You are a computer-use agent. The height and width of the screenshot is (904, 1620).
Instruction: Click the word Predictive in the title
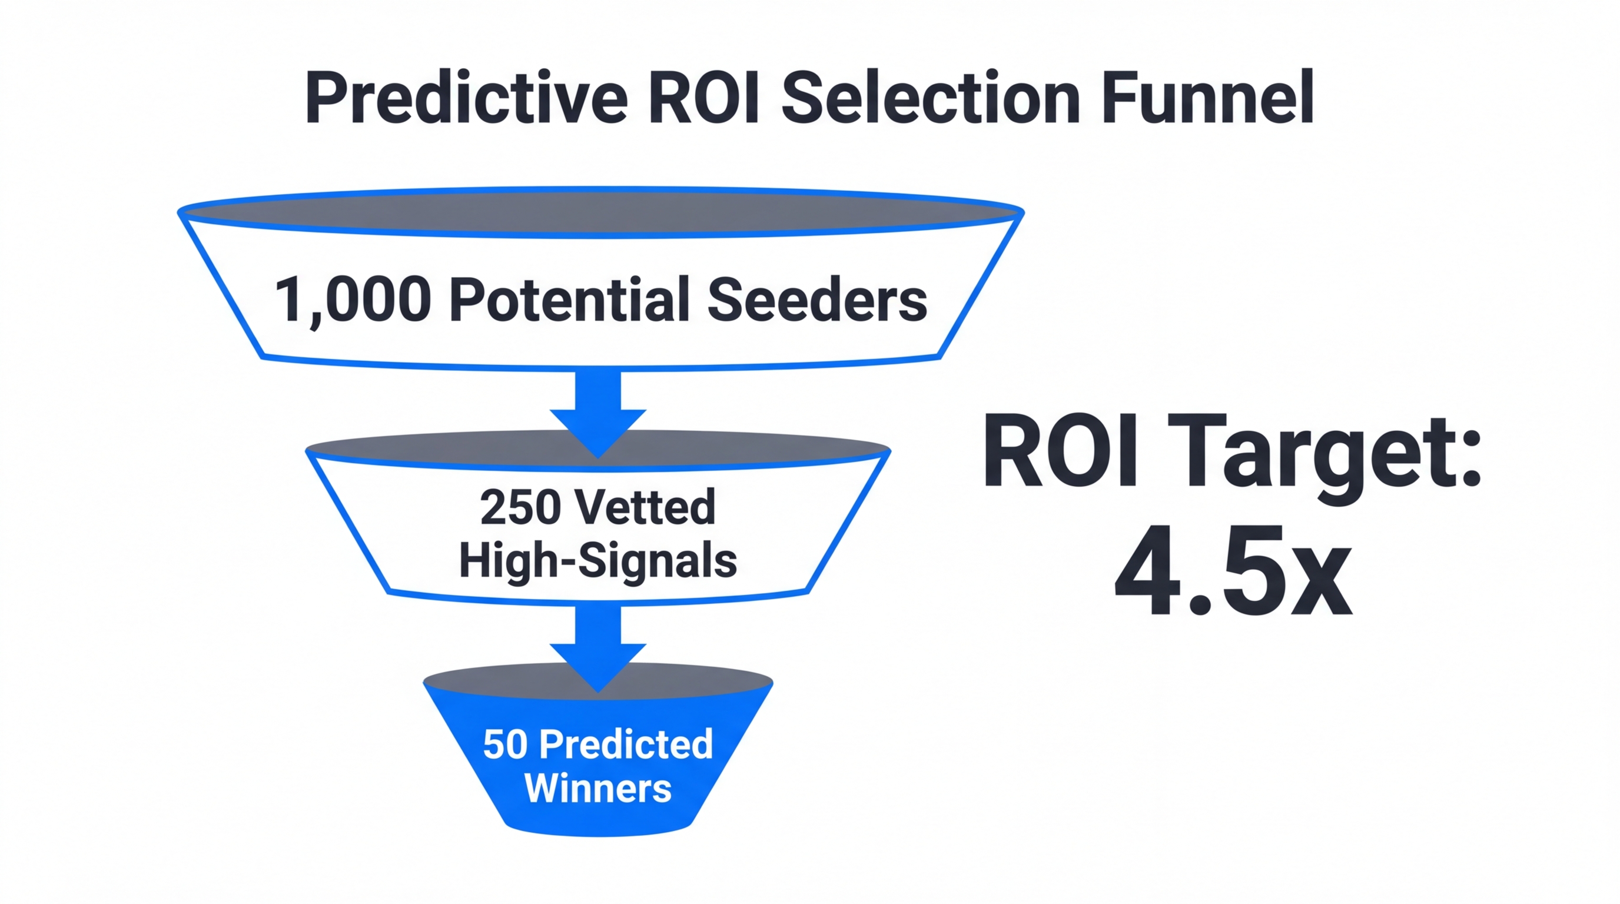pos(466,99)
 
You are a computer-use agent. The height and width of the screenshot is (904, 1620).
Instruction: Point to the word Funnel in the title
pos(1207,99)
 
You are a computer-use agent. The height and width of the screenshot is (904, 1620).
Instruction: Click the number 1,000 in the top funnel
pos(353,301)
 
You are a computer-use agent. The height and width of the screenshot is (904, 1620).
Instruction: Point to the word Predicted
pos(626,745)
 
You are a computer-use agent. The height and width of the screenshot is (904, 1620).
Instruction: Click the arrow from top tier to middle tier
pos(598,408)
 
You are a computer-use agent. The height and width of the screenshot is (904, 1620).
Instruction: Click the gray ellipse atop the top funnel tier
pos(600,212)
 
